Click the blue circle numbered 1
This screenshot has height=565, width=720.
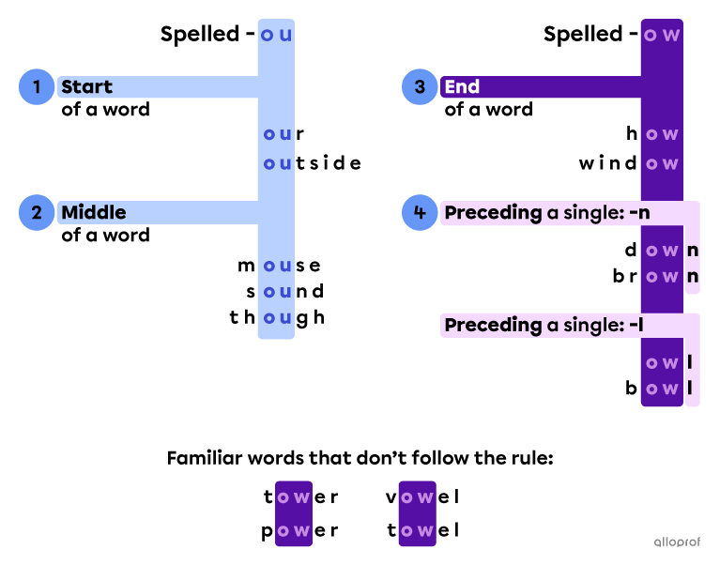(x=37, y=87)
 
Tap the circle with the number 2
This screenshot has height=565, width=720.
(x=37, y=212)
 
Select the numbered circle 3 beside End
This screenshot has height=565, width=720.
(x=420, y=87)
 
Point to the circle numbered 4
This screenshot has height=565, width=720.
(x=420, y=213)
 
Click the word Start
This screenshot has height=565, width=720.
(x=86, y=87)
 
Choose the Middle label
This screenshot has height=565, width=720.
(x=93, y=213)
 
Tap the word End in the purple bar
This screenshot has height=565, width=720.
(x=462, y=87)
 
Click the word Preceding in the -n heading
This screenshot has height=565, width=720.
(x=493, y=213)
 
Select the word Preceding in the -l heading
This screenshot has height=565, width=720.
(x=493, y=325)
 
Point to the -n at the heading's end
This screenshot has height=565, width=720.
(x=640, y=213)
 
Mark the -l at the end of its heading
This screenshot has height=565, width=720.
(x=637, y=325)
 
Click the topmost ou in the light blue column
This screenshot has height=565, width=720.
(x=276, y=36)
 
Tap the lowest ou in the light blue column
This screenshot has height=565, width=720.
(x=277, y=318)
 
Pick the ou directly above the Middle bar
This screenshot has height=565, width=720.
(x=277, y=164)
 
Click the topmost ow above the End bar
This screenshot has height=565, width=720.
(x=662, y=36)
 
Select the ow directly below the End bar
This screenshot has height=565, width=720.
(x=662, y=134)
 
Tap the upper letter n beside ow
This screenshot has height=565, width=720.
(x=693, y=251)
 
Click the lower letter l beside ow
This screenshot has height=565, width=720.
(x=690, y=389)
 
